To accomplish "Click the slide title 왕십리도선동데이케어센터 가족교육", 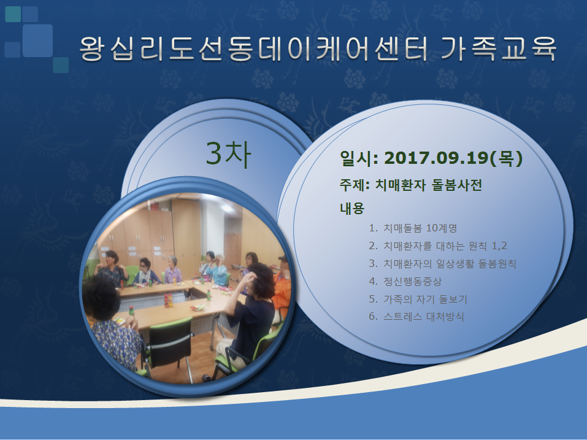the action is [318, 48].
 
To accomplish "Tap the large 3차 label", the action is [228, 153].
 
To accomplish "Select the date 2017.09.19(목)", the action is [453, 158].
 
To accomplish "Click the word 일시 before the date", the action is [353, 158].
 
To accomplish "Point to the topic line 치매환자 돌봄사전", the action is [428, 185].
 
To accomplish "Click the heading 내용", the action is [352, 208].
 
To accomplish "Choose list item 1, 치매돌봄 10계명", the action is [413, 228].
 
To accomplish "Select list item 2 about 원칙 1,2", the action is [437, 246].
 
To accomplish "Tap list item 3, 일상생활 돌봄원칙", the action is [442, 264].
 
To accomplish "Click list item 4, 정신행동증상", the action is [405, 281].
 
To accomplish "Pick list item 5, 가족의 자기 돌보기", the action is [418, 299].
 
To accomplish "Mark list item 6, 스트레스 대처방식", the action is [416, 317].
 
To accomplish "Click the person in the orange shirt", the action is [282, 285].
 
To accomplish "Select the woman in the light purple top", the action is [172, 271].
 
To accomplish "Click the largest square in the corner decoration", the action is [37, 41].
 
